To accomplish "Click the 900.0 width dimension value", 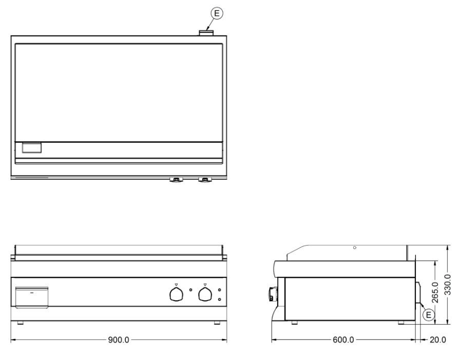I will coord(119,340).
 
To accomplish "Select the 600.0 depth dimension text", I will coord(343,340).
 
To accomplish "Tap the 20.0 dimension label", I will coord(437,340).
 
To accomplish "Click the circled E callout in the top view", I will coord(218,14).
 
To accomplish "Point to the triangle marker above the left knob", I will coord(176,284).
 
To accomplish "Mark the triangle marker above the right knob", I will coord(205,284).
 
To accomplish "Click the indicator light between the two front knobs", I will coord(190,289).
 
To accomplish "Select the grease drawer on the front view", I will coord(31,297).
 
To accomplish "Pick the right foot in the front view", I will coord(217,323).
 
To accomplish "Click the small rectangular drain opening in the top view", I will coord(31,148).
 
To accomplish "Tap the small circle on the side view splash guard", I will coord(355,248).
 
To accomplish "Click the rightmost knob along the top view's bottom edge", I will coord(206,179).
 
